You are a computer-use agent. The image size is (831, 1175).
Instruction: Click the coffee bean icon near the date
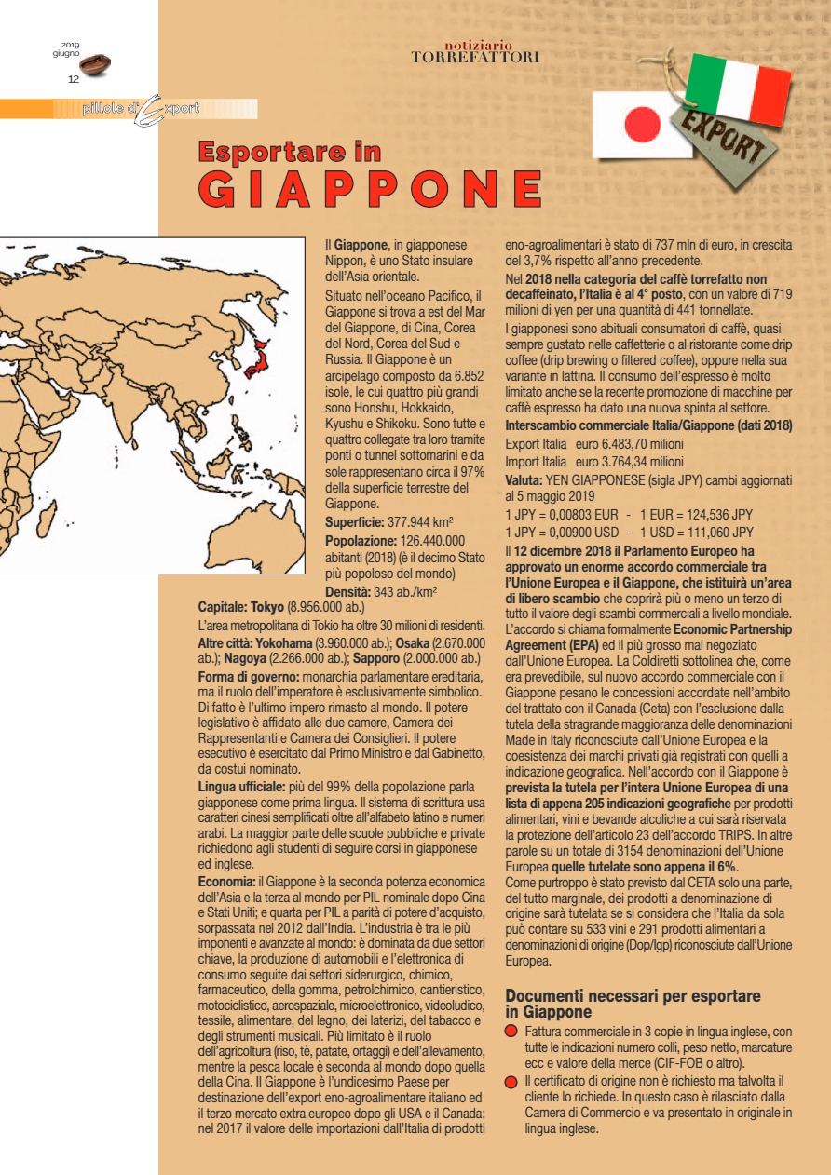click(95, 64)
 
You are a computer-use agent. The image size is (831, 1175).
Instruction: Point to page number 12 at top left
click(74, 79)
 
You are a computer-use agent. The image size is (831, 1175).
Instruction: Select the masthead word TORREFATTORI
click(475, 58)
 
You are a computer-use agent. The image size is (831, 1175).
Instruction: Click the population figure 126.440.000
click(431, 540)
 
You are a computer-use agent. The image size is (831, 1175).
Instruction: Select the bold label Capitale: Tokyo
click(241, 606)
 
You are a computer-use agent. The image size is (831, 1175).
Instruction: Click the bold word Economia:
click(227, 880)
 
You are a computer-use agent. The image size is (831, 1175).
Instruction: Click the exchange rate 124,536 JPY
click(709, 514)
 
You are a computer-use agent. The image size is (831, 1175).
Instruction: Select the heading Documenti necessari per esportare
click(633, 996)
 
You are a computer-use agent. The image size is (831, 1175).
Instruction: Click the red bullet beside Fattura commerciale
click(511, 1033)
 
